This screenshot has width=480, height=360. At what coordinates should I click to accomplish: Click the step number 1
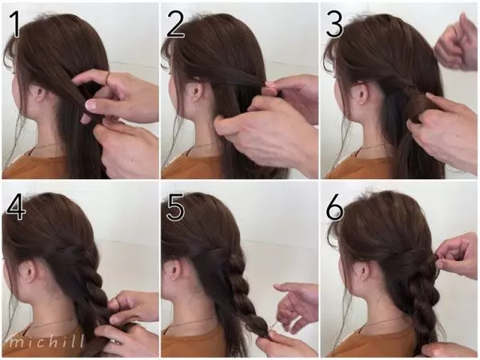[x=14, y=25]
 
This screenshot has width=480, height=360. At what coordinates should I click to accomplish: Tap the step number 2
[x=175, y=25]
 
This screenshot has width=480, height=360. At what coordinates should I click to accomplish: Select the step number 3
[x=334, y=25]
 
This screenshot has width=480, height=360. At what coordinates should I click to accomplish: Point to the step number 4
[x=15, y=206]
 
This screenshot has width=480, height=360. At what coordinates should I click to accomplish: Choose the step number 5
[x=175, y=206]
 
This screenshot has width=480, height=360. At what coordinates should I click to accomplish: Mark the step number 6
[x=334, y=207]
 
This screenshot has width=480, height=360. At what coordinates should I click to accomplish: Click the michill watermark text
[x=46, y=341]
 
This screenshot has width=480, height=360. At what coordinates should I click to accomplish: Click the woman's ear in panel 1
[x=41, y=94]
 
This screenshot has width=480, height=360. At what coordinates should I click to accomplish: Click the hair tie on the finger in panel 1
[x=108, y=78]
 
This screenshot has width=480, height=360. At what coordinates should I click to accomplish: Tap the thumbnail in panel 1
[x=91, y=105]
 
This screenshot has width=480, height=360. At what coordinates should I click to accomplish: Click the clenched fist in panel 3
[x=455, y=44]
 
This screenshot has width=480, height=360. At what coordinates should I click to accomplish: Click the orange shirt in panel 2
[x=192, y=167]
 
